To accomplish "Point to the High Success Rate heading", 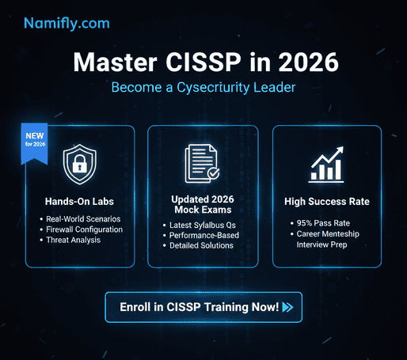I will point(328,201).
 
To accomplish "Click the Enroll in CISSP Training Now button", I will point(203,307).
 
